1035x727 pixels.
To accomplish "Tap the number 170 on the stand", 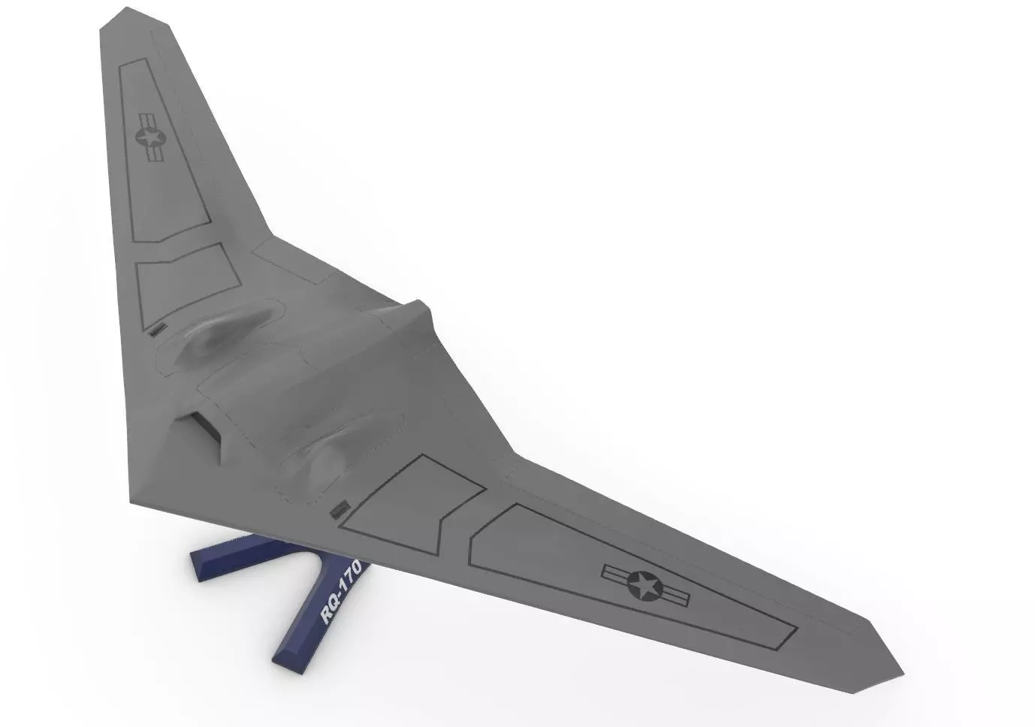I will pyautogui.click(x=349, y=578).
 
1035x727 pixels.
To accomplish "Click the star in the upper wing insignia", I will pyautogui.click(x=150, y=137).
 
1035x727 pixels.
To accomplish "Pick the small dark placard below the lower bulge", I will pyautogui.click(x=339, y=510).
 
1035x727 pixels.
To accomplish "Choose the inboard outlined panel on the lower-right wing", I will pyautogui.click(x=413, y=499).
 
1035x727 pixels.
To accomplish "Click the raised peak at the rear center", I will pyautogui.click(x=421, y=308).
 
